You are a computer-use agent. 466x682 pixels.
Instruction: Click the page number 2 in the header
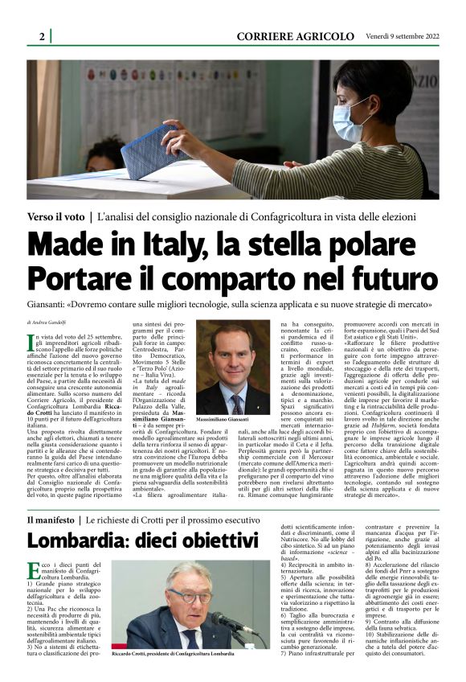pos(41,36)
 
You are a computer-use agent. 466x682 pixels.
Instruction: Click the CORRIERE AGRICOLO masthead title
pos(295,36)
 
